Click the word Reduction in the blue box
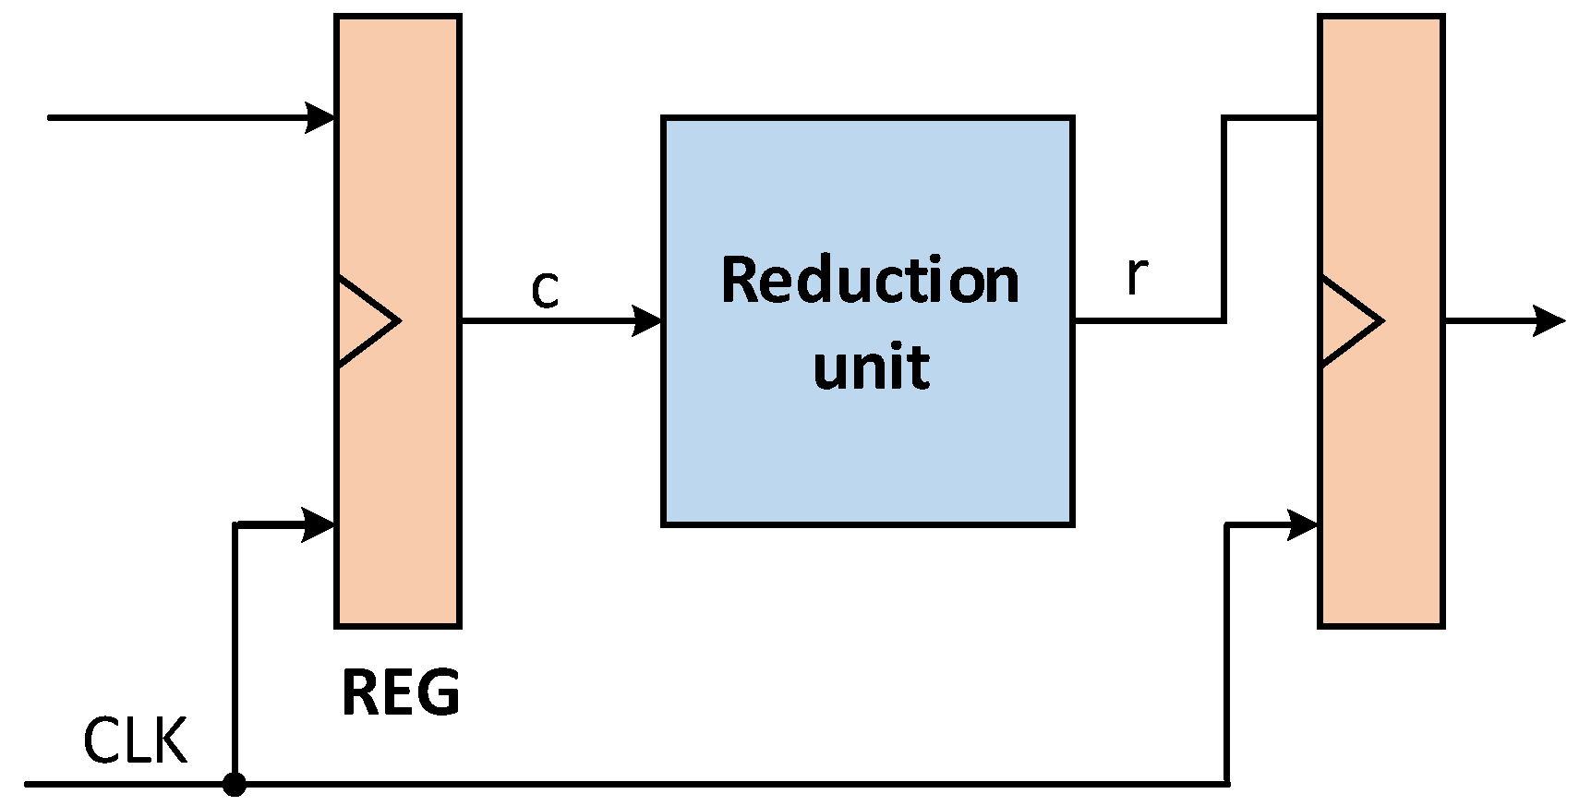[x=869, y=280]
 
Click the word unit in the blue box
[x=871, y=367]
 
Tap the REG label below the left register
[x=400, y=693]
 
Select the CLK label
[x=135, y=740]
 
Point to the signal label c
[x=545, y=290]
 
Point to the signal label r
[x=1137, y=275]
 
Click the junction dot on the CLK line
[x=235, y=785]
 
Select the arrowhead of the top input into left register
[x=320, y=118]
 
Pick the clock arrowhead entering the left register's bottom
[x=319, y=523]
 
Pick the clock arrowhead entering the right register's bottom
[x=1303, y=523]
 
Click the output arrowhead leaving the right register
[x=1549, y=320]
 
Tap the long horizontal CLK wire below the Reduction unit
[x=739, y=784]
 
